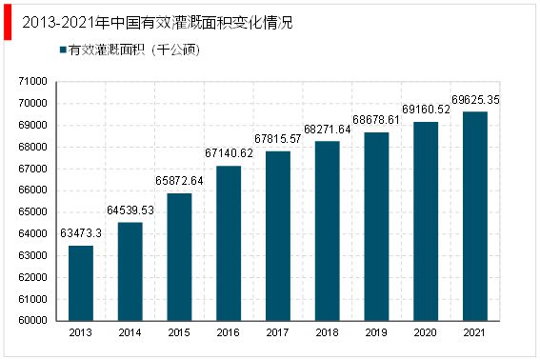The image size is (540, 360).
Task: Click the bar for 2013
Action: point(81,283)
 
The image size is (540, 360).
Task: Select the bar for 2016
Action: point(229,243)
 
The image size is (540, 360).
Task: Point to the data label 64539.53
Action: point(130,211)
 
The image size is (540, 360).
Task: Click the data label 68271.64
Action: point(327,130)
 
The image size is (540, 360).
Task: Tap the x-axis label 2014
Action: point(130,332)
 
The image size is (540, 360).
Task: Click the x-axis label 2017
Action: point(278,332)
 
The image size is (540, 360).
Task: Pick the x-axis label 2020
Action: point(425,332)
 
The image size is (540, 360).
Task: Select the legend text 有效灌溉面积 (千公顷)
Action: point(131,50)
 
